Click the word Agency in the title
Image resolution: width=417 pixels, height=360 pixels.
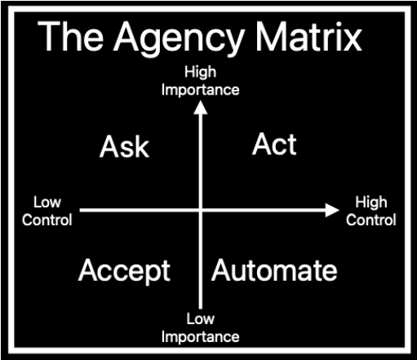tap(180, 39)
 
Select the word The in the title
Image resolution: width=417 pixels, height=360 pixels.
tap(71, 36)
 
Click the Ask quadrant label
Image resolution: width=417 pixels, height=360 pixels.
tap(124, 147)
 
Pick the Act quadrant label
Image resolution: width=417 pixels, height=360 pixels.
tap(274, 144)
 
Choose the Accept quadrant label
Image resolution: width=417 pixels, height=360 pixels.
tap(124, 271)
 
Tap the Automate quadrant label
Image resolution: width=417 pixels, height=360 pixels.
tap(274, 270)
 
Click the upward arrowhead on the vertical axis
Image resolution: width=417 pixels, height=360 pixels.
tap(201, 108)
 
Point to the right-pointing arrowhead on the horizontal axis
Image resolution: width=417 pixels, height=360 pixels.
tap(332, 210)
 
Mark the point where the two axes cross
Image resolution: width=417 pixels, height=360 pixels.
tap(201, 210)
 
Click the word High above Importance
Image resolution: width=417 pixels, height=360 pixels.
tap(201, 72)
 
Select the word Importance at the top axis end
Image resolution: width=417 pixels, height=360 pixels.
tap(201, 91)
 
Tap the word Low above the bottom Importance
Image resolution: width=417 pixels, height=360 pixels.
tap(201, 318)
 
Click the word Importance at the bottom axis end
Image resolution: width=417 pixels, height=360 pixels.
tap(201, 337)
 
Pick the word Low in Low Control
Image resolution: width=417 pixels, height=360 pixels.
tap(47, 202)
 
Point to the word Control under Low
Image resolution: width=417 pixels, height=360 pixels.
tap(47, 220)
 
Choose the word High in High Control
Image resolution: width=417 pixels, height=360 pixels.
tap(371, 202)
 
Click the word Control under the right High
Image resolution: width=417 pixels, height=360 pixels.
tap(371, 220)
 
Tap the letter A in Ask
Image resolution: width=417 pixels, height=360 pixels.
tap(109, 147)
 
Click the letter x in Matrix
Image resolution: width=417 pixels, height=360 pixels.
tap(353, 41)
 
